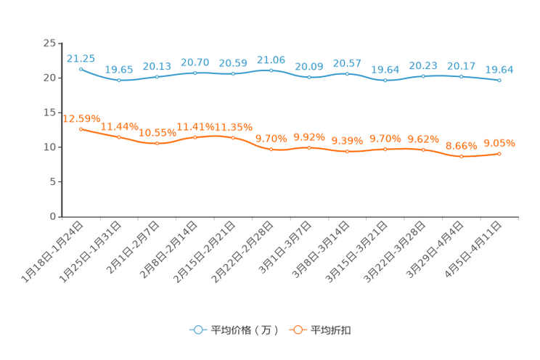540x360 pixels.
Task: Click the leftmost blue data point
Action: coord(81,68)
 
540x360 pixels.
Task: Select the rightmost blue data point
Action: coord(499,80)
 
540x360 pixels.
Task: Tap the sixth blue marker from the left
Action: coord(271,70)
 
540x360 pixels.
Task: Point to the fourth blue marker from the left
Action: coord(195,73)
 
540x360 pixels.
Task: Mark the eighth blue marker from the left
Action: coord(348,73)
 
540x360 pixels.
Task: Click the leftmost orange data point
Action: coord(81,128)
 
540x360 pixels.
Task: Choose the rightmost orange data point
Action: coord(499,153)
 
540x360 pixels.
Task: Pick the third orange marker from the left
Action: coord(157,144)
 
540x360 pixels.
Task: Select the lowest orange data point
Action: coord(461,157)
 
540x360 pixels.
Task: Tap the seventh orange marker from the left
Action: coord(309,147)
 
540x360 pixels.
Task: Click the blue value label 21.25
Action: coord(81,58)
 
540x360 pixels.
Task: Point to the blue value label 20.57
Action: coord(348,63)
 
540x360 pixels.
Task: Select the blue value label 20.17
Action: coord(461,66)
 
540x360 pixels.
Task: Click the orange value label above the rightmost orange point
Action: coord(499,142)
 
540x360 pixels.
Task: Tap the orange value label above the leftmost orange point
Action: coord(81,118)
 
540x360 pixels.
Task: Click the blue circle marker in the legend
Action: coord(197,330)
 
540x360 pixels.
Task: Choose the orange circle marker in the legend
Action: coord(298,330)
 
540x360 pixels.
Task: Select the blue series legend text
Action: coord(244,330)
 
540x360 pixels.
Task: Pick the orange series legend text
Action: coord(332,330)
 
